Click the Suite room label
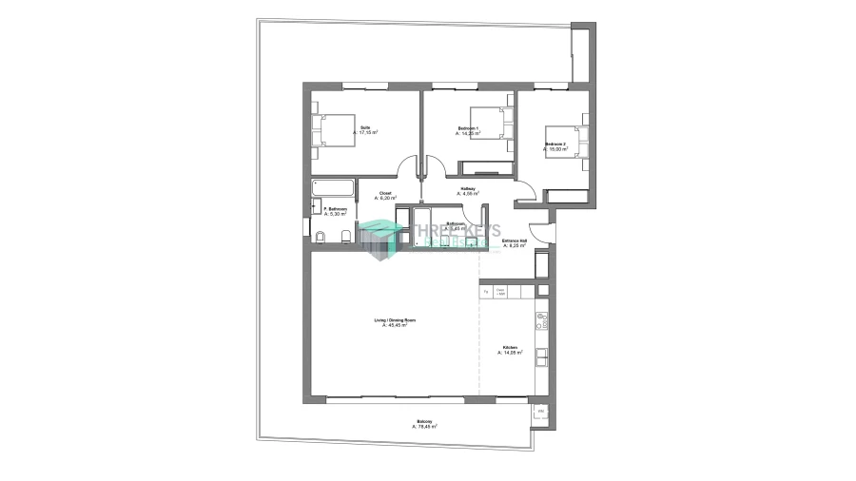click(x=365, y=127)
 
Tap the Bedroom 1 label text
click(x=468, y=128)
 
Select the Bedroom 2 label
click(x=555, y=144)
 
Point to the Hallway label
click(x=468, y=188)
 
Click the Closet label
click(x=385, y=193)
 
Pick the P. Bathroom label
click(x=335, y=209)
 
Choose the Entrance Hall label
click(x=515, y=241)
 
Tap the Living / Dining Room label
click(x=395, y=321)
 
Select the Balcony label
click(x=423, y=422)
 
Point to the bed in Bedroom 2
click(x=577, y=144)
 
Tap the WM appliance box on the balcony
click(x=540, y=411)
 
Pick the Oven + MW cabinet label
click(x=501, y=292)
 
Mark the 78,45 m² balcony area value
click(x=425, y=427)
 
